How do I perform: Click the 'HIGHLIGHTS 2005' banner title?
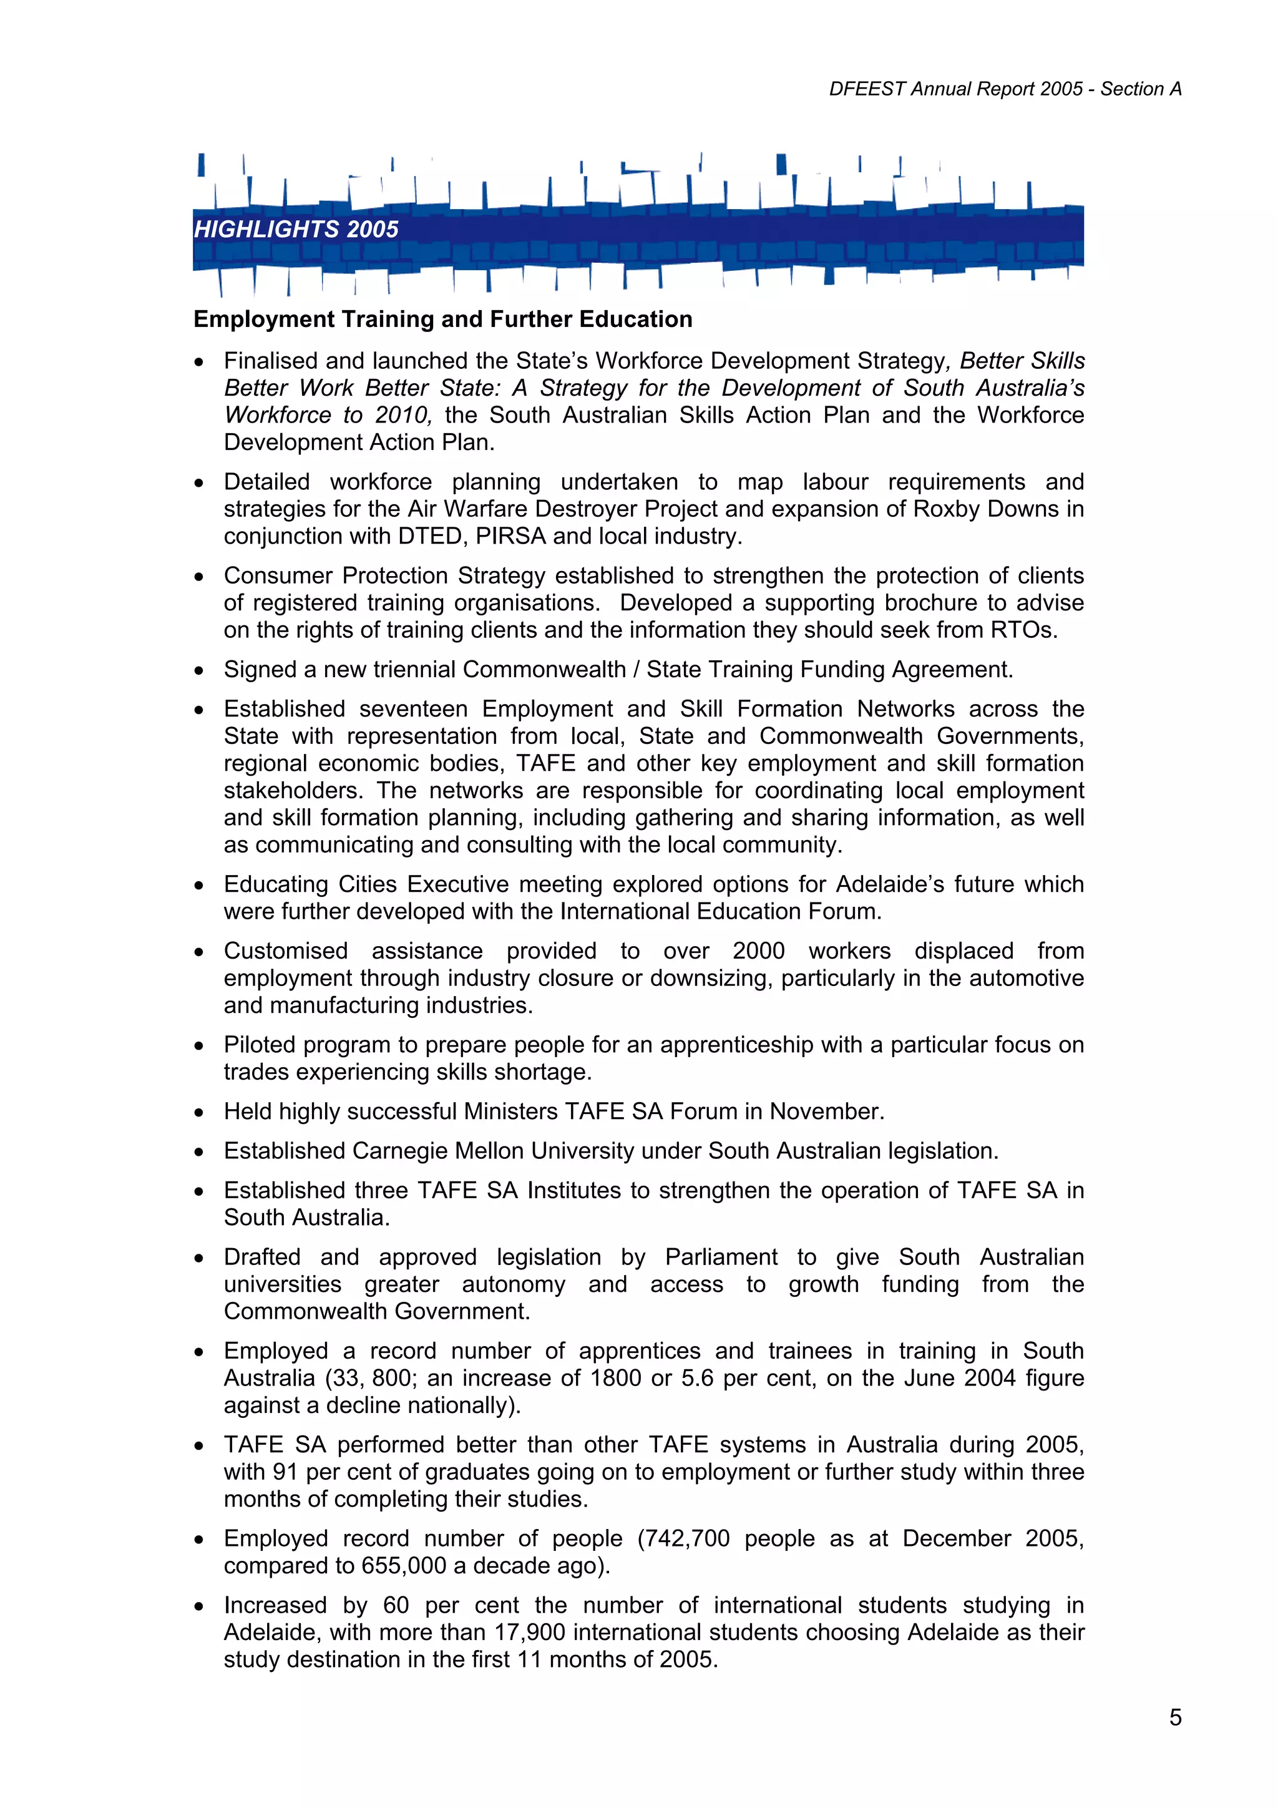point(296,229)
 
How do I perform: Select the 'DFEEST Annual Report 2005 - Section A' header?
point(1005,89)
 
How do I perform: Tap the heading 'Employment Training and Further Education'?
point(442,319)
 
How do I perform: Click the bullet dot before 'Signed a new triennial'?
point(200,670)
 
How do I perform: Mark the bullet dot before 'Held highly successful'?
point(200,1112)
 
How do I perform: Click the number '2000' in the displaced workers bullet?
point(758,950)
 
